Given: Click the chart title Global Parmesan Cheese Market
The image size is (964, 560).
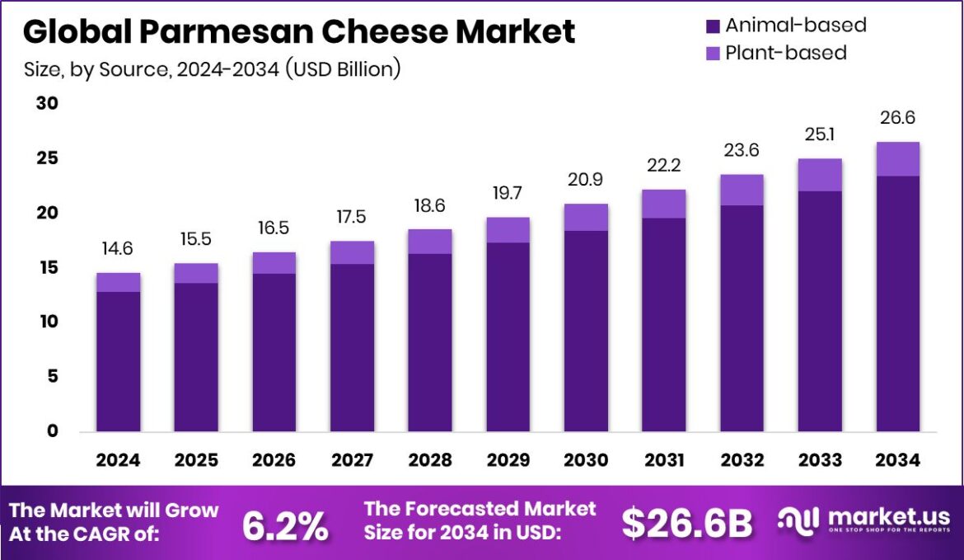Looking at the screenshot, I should tap(298, 31).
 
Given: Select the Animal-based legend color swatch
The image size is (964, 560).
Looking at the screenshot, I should tap(714, 26).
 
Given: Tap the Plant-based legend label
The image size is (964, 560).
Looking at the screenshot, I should tap(785, 53).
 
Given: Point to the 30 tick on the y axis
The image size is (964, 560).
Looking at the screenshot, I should tap(47, 103).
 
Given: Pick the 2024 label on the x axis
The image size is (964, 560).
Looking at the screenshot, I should tap(118, 460).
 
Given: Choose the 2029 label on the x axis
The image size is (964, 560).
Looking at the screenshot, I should tap(508, 460).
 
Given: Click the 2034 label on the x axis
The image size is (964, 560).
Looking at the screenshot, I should tap(898, 460).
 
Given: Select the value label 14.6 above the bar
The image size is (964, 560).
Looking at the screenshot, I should tap(118, 249).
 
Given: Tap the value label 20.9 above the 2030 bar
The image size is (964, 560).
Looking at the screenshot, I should tap(586, 180).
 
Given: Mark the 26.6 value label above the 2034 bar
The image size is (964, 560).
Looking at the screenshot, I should tap(898, 118).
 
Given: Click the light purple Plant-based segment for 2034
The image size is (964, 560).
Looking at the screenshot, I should tap(898, 159).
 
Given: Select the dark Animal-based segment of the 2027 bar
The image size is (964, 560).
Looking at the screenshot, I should tap(352, 346).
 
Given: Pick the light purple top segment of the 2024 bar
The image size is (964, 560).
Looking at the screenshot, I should tap(118, 282).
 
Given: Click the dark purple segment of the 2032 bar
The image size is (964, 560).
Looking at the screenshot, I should tap(742, 318).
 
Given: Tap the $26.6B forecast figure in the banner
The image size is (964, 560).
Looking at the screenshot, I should tap(687, 524).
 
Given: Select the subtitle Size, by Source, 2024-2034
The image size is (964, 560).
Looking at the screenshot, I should tap(212, 69).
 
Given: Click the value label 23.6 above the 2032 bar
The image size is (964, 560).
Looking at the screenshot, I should tap(742, 150).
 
